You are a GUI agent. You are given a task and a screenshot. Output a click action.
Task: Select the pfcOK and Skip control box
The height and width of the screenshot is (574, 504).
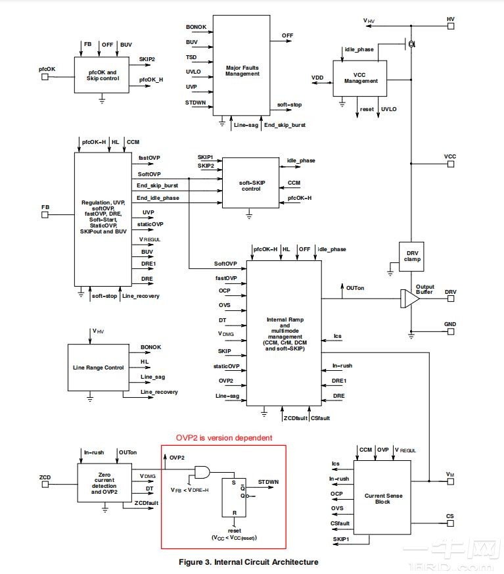coord(102,75)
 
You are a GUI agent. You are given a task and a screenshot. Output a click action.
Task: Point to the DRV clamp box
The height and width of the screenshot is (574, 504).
coord(412,256)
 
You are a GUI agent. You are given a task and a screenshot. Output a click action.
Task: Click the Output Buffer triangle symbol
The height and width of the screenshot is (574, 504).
coord(411,299)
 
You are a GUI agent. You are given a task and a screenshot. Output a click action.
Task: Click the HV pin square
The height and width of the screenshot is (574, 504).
coord(450,20)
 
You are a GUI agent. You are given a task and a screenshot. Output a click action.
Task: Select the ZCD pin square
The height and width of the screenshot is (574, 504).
coord(45,485)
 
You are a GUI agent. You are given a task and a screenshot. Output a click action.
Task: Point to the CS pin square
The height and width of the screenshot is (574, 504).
coord(450,517)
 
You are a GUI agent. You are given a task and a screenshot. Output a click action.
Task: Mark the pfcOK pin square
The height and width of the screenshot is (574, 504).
coord(45,76)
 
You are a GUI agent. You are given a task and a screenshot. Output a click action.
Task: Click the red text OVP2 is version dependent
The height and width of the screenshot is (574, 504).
coord(223,438)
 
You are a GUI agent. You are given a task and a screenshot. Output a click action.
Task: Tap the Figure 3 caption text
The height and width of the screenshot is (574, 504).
coord(248,562)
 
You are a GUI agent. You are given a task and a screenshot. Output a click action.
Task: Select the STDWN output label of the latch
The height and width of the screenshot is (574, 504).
coord(268,482)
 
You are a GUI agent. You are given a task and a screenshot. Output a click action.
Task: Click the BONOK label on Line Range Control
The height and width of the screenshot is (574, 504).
coord(150,347)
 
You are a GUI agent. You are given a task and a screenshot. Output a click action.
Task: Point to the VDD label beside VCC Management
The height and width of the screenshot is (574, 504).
coord(317,78)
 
